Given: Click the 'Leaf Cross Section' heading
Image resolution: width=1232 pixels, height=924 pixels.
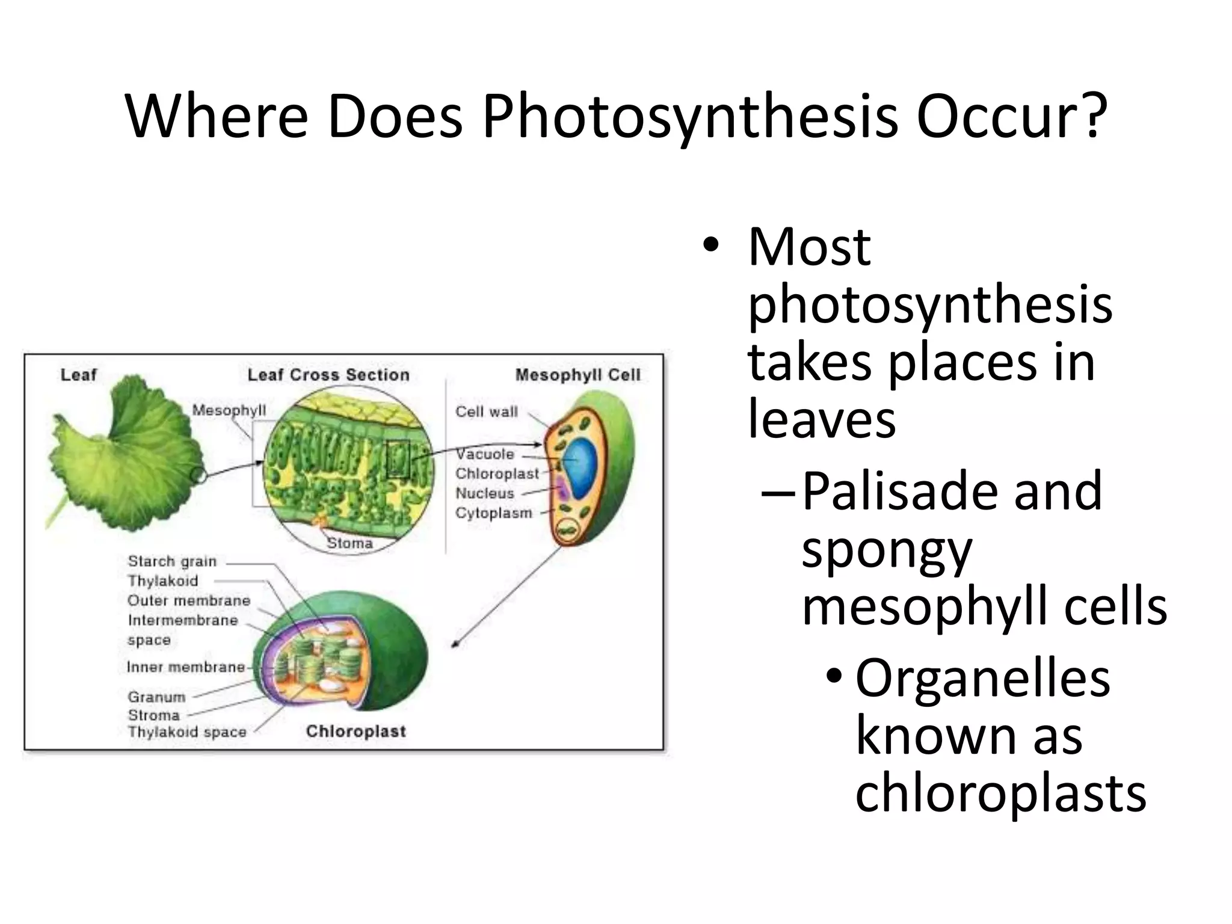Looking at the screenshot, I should tap(328, 375).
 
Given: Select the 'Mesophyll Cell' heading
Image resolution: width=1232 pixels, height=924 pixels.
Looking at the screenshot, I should tap(577, 375).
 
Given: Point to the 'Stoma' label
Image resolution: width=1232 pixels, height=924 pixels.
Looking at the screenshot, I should tap(350, 543).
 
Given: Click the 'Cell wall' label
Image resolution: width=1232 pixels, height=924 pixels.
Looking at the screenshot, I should tap(486, 412).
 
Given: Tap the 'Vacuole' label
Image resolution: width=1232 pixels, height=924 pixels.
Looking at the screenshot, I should tap(485, 454).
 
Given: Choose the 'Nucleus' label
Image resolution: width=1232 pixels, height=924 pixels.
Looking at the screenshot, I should tap(485, 493).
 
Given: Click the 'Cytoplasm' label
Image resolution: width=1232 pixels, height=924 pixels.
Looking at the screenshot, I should tap(494, 513).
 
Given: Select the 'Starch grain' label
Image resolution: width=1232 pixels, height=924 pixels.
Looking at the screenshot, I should tap(172, 561).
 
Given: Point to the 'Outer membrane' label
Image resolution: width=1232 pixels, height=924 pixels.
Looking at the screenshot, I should tap(189, 600).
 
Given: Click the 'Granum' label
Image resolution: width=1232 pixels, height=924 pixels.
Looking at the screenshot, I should tap(156, 697).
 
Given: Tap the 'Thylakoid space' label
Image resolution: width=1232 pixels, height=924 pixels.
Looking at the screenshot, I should tap(187, 732).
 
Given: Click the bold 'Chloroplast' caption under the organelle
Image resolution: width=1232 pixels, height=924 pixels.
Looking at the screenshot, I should tap(356, 731).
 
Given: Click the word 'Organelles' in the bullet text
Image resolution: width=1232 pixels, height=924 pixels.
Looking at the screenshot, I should tap(982, 679).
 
